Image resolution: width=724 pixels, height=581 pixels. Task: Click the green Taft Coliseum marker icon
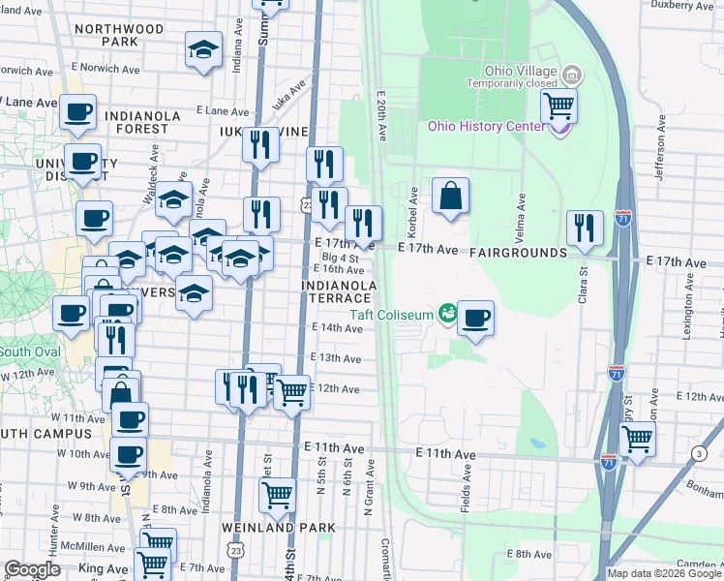coord(447,312)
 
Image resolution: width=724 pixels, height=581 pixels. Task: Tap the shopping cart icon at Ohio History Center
coord(559,107)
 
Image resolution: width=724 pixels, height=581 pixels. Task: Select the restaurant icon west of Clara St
coord(585,228)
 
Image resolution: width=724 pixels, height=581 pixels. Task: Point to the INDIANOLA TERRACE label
coord(339,291)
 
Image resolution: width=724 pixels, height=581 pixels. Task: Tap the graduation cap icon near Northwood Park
coord(203,49)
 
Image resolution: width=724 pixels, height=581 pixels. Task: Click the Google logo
coord(33,568)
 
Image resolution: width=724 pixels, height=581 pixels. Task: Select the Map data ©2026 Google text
coord(664,573)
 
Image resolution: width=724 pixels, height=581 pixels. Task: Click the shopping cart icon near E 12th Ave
coord(291,393)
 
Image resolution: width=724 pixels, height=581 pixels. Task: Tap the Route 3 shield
coord(699,453)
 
